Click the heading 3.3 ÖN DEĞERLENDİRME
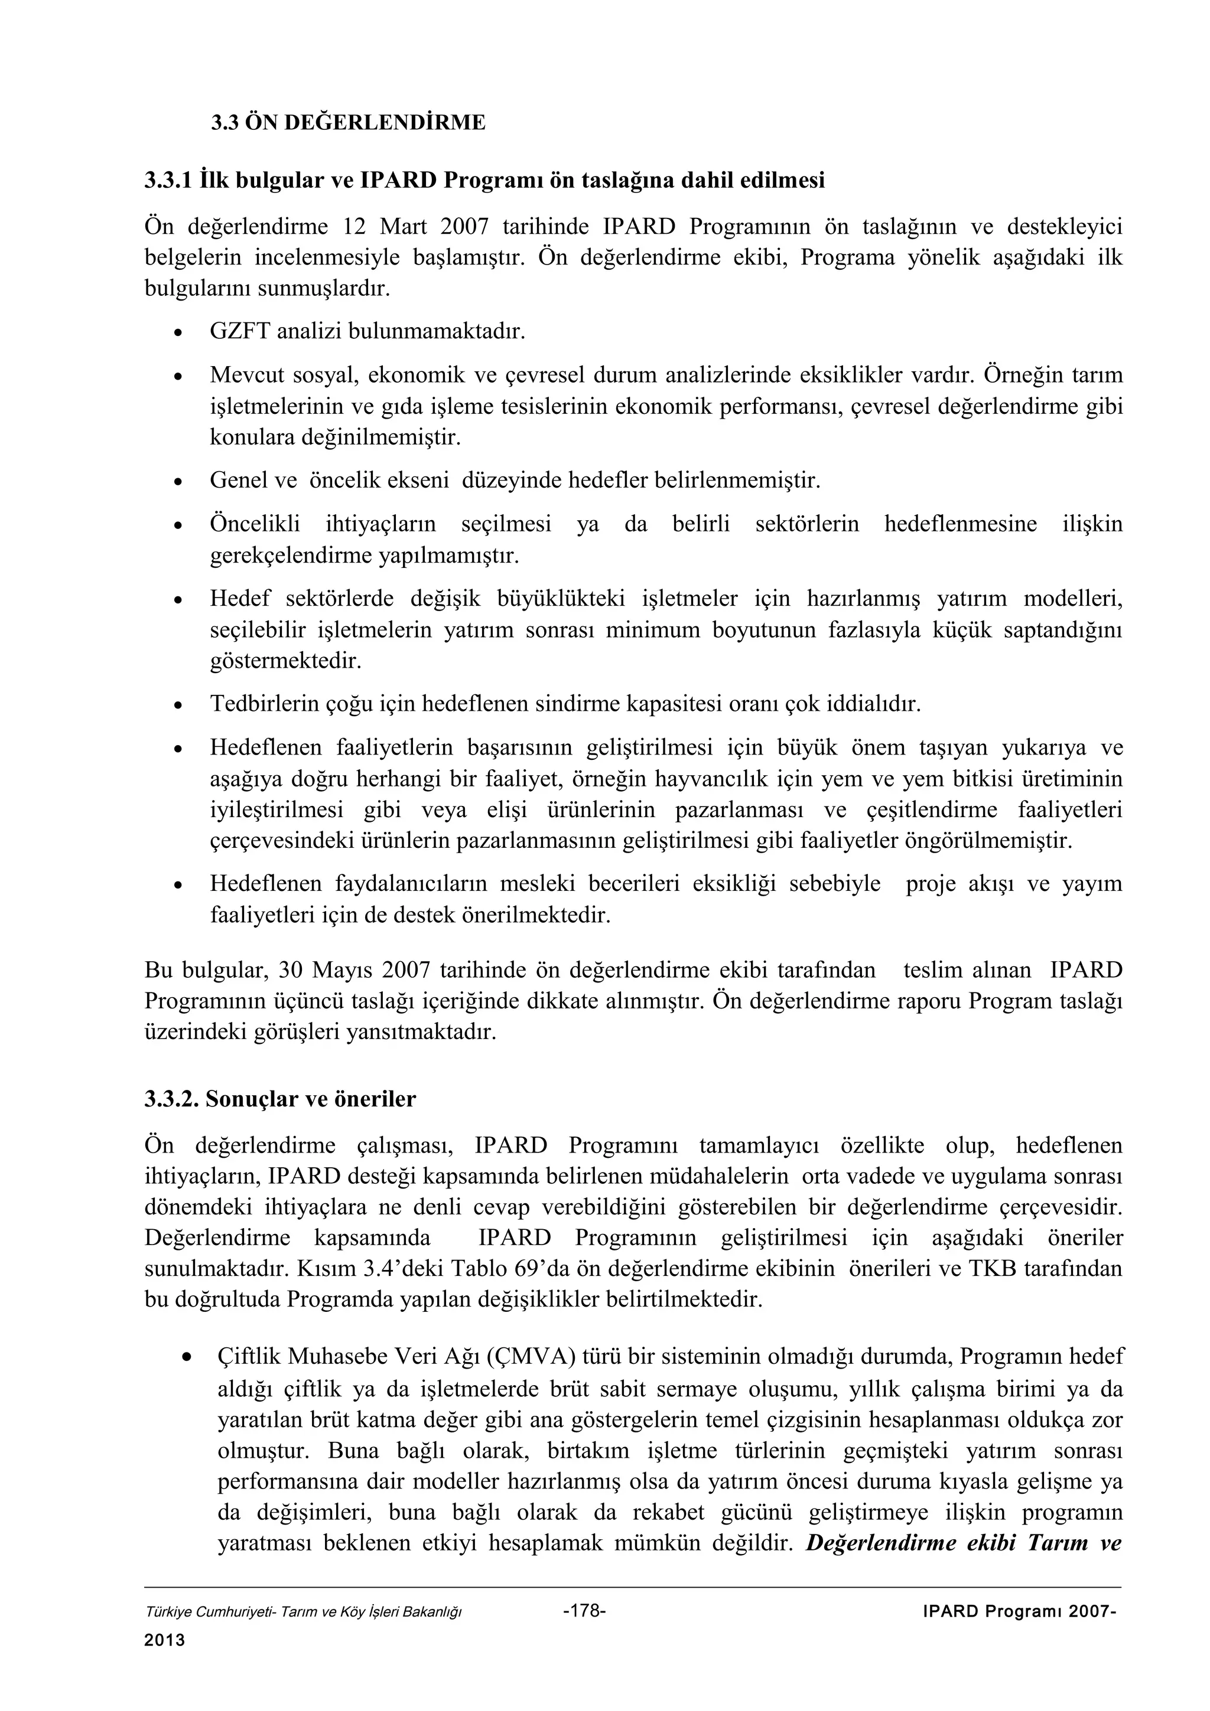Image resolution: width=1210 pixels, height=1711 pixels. (x=347, y=122)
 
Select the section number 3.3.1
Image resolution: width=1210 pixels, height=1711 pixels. (x=168, y=180)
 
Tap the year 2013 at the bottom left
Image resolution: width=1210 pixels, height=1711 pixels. (x=164, y=1641)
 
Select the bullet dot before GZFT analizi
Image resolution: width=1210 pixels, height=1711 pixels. (x=177, y=332)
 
